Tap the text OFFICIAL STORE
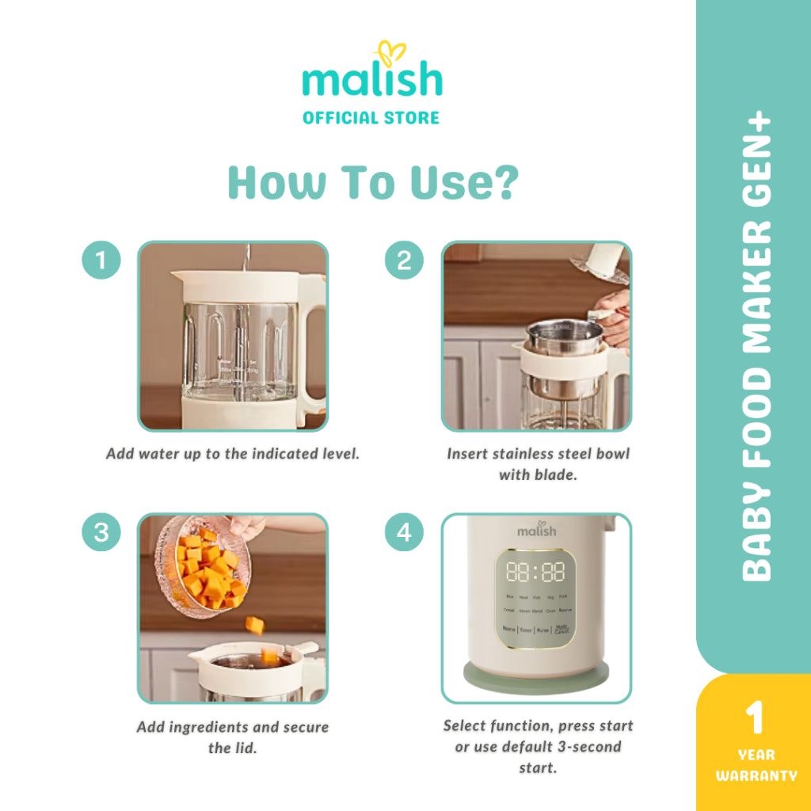[x=371, y=118]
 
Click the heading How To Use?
[x=373, y=181]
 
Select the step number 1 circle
[x=101, y=260]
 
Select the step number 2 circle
[x=404, y=260]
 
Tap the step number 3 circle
[x=101, y=533]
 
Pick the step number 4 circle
[x=404, y=533]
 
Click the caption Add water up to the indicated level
[x=233, y=455]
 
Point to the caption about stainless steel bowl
[x=538, y=464]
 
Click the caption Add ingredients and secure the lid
[x=232, y=737]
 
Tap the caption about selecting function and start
[x=538, y=746]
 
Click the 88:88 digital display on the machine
[x=535, y=572]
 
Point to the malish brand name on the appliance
[x=536, y=529]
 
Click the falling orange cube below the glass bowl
[x=254, y=626]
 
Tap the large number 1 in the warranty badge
[x=756, y=717]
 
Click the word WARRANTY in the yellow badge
[x=756, y=775]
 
